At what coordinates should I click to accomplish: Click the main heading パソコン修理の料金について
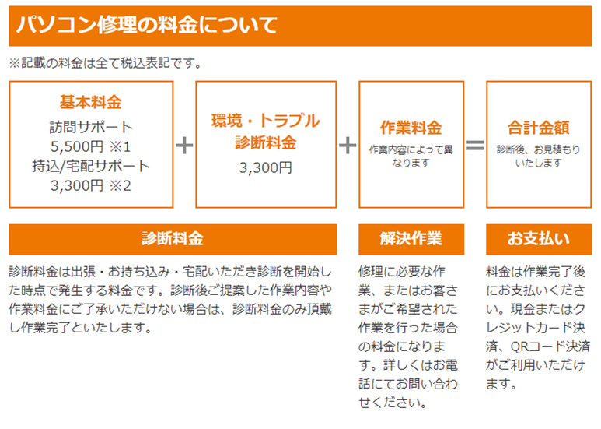pos(147,26)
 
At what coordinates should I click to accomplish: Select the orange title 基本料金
pos(91,102)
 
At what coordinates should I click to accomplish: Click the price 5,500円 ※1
pos(91,146)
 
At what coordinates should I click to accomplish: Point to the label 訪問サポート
pos(91,126)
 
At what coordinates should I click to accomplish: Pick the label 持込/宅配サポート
pos(91,165)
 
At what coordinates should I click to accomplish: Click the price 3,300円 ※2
pos(91,185)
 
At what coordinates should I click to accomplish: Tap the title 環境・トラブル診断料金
pos(265,132)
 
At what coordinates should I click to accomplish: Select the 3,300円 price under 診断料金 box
pos(265,167)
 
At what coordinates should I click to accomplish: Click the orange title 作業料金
pos(411,128)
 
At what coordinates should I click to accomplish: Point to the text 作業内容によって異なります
pos(411,156)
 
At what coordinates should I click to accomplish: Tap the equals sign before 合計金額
pos(474,146)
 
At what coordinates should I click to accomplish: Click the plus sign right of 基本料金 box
pos(184,146)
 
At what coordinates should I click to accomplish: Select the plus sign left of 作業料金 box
pos(348,146)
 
